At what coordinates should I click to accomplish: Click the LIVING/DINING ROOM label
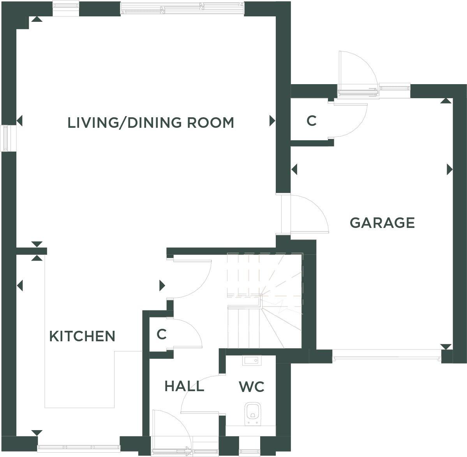(151, 123)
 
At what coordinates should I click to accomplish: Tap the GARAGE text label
(382, 223)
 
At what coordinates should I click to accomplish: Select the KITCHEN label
(82, 336)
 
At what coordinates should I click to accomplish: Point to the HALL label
(184, 386)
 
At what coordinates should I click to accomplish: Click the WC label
(251, 387)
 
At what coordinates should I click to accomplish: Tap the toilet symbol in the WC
(252, 413)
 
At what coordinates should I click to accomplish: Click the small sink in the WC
(250, 361)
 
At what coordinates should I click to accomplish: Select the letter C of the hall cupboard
(162, 334)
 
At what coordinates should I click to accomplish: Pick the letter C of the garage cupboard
(311, 121)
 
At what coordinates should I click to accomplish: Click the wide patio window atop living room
(182, 8)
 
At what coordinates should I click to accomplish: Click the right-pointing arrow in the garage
(450, 169)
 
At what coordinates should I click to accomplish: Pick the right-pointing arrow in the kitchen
(162, 286)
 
